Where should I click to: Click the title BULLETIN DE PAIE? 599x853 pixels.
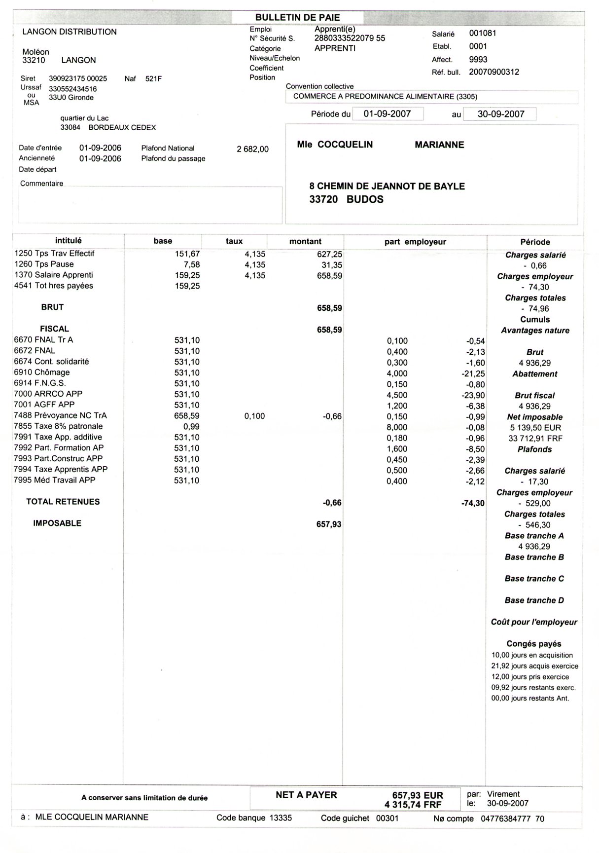coord(297,18)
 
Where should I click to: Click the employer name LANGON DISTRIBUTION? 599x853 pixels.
coord(70,32)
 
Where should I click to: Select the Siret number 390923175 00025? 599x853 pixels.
coord(78,78)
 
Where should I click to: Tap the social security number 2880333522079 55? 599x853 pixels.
coord(350,38)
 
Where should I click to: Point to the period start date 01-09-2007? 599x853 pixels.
coord(387,114)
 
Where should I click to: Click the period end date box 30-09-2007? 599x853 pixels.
coord(500,114)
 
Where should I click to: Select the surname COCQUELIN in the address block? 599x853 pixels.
coord(345,145)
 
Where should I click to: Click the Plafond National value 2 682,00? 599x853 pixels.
coord(252,149)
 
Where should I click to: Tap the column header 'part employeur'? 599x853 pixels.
coord(415,242)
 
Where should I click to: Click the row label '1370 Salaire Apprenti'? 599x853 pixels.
coord(54,275)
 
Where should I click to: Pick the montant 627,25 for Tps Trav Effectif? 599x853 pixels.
coord(329,254)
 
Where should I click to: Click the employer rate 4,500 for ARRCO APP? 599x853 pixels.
coord(397,395)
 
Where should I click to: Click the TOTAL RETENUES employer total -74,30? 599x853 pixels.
coord(473,503)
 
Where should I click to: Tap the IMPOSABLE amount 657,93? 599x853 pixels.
coord(329,524)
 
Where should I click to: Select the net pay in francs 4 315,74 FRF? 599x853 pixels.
coord(414,805)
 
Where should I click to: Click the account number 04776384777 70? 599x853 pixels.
coord(512,818)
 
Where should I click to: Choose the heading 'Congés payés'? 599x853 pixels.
coord(533,644)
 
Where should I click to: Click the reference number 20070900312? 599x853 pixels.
coord(493,72)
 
